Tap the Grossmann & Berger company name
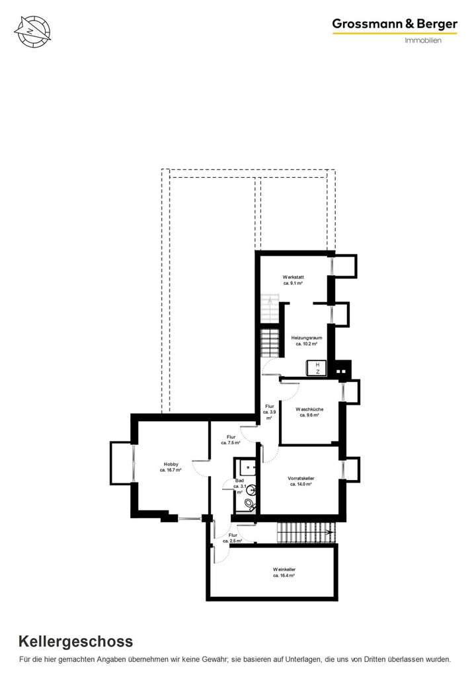pyautogui.click(x=394, y=24)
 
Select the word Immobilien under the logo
pyautogui.click(x=422, y=40)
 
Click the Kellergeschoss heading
pyautogui.click(x=76, y=641)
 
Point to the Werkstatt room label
pyautogui.click(x=293, y=276)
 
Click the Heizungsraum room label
pyautogui.click(x=306, y=338)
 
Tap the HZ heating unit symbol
pyautogui.click(x=317, y=368)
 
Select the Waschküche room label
pyautogui.click(x=310, y=409)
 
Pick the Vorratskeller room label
pyautogui.click(x=301, y=478)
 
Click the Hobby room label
pyautogui.click(x=171, y=464)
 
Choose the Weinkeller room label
pyautogui.click(x=284, y=569)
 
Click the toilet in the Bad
pyautogui.click(x=249, y=505)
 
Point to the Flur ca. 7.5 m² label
pyautogui.click(x=231, y=437)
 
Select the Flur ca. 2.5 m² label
pyautogui.click(x=233, y=535)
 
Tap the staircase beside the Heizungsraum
pyautogui.click(x=271, y=343)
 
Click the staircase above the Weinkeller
pyautogui.click(x=306, y=530)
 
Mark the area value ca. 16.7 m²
pyautogui.click(x=171, y=470)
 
